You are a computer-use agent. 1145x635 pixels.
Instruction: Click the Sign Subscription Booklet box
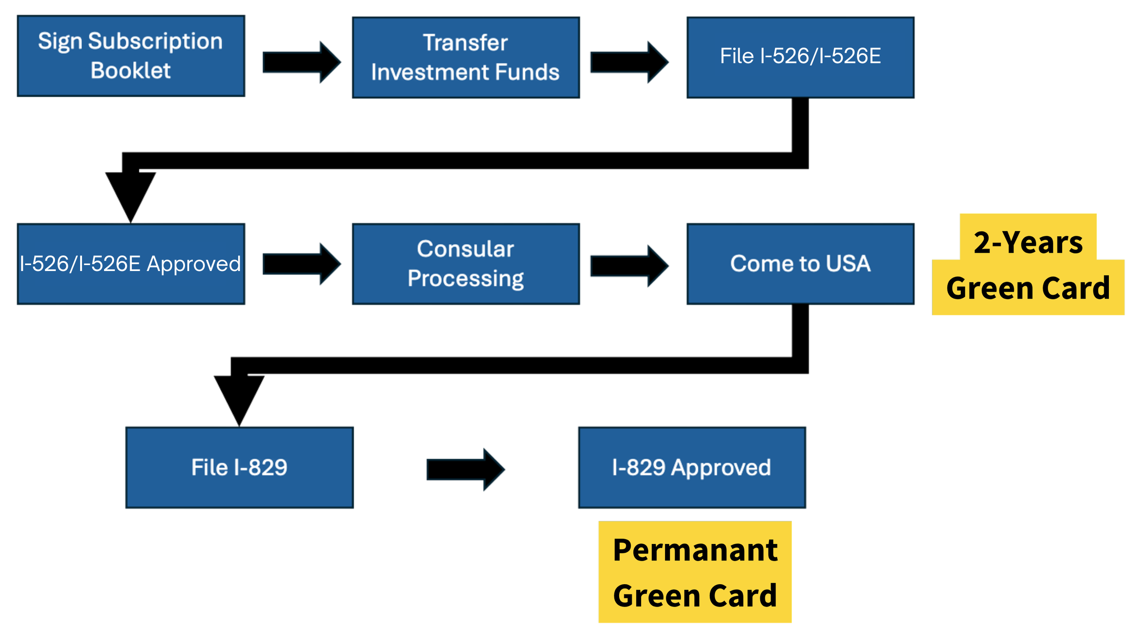131,56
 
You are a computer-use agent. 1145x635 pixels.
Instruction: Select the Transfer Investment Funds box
466,58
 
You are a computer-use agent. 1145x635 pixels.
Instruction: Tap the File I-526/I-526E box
801,58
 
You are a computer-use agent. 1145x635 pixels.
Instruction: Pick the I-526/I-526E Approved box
131,264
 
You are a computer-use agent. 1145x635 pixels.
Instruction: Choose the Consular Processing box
466,264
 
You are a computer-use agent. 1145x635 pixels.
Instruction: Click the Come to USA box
801,264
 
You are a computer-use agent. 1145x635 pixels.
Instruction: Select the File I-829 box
240,468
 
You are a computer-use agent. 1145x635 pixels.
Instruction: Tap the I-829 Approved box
692,468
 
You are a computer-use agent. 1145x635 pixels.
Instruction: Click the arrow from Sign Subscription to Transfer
302,62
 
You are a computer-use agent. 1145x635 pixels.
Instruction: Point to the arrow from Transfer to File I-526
630,62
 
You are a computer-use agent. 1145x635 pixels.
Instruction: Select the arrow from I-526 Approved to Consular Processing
302,264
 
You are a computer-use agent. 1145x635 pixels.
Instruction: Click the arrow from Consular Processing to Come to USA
630,266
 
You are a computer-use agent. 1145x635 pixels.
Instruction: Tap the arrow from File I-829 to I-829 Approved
466,470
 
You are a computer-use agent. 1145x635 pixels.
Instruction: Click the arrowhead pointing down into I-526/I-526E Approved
131,197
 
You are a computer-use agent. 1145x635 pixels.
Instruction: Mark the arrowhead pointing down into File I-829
239,401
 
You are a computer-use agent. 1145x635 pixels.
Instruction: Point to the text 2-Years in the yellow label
1028,242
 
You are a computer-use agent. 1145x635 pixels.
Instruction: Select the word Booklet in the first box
131,71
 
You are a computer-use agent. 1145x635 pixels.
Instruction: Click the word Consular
465,249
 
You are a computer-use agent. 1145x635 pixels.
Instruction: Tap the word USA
848,264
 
